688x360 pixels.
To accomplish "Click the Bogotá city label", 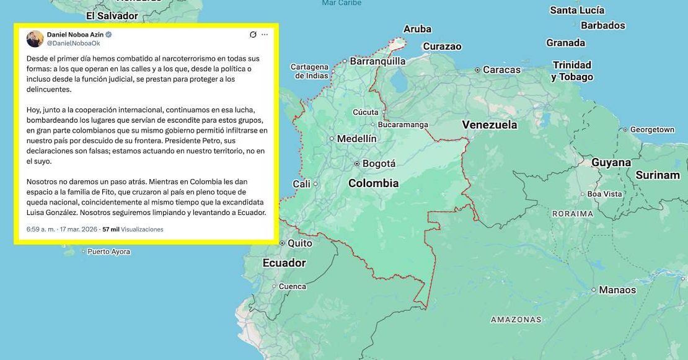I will [379, 164].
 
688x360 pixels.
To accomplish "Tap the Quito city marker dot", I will [283, 243].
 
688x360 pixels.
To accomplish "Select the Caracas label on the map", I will [501, 70].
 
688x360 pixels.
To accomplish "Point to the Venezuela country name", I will [489, 125].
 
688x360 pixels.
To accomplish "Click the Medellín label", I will [356, 139].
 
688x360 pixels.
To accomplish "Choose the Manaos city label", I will [617, 290].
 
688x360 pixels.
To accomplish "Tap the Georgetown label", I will [652, 130].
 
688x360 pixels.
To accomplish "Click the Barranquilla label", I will [377, 61].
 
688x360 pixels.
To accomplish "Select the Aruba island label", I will [417, 29].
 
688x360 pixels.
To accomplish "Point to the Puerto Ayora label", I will [109, 252].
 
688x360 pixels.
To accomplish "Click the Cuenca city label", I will [292, 286].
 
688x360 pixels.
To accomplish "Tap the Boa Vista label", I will [604, 194].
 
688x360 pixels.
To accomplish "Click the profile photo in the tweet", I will [35, 39].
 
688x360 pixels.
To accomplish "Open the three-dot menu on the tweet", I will [265, 35].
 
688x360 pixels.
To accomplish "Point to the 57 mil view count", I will [110, 229].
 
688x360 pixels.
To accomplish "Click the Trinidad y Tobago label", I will [572, 71].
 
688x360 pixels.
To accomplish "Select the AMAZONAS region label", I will [516, 320].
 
